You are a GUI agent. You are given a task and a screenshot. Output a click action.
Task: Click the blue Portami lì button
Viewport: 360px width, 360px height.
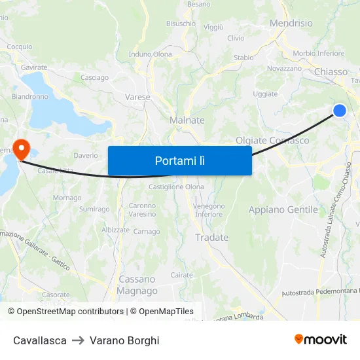click(x=179, y=160)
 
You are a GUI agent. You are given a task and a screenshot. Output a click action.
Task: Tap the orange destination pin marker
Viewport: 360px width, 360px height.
click(x=20, y=148)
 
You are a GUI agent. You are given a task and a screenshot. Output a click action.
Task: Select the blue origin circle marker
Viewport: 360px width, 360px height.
click(x=340, y=111)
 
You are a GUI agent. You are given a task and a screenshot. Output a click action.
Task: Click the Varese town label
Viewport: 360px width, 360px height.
click(x=137, y=97)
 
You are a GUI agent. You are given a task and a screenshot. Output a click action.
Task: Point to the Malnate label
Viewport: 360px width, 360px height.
click(x=187, y=120)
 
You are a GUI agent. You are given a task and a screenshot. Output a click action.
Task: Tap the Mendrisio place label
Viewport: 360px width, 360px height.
click(x=291, y=23)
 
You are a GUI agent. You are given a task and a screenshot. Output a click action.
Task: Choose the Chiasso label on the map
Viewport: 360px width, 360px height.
click(x=332, y=71)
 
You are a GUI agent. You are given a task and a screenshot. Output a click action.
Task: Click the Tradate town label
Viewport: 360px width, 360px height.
click(x=212, y=238)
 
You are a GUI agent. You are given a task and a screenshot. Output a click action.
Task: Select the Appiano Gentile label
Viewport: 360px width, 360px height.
click(x=283, y=210)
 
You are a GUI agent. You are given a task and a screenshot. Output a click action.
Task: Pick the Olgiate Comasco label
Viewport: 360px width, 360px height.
click(x=272, y=141)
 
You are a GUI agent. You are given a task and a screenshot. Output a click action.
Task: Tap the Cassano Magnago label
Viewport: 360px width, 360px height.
click(x=137, y=285)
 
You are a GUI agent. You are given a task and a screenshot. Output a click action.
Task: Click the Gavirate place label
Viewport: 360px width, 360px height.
click(x=34, y=67)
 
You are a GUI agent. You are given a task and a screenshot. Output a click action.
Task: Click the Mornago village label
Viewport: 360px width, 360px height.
click(x=67, y=198)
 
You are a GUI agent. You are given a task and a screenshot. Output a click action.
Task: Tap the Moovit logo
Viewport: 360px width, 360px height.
click(x=321, y=340)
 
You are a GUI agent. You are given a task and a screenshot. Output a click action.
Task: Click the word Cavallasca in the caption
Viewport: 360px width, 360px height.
click(x=40, y=340)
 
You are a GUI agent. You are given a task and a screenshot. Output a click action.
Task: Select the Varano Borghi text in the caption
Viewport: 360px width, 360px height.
click(x=124, y=340)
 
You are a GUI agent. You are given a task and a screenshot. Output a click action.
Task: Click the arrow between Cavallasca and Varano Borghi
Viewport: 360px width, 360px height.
click(x=78, y=340)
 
